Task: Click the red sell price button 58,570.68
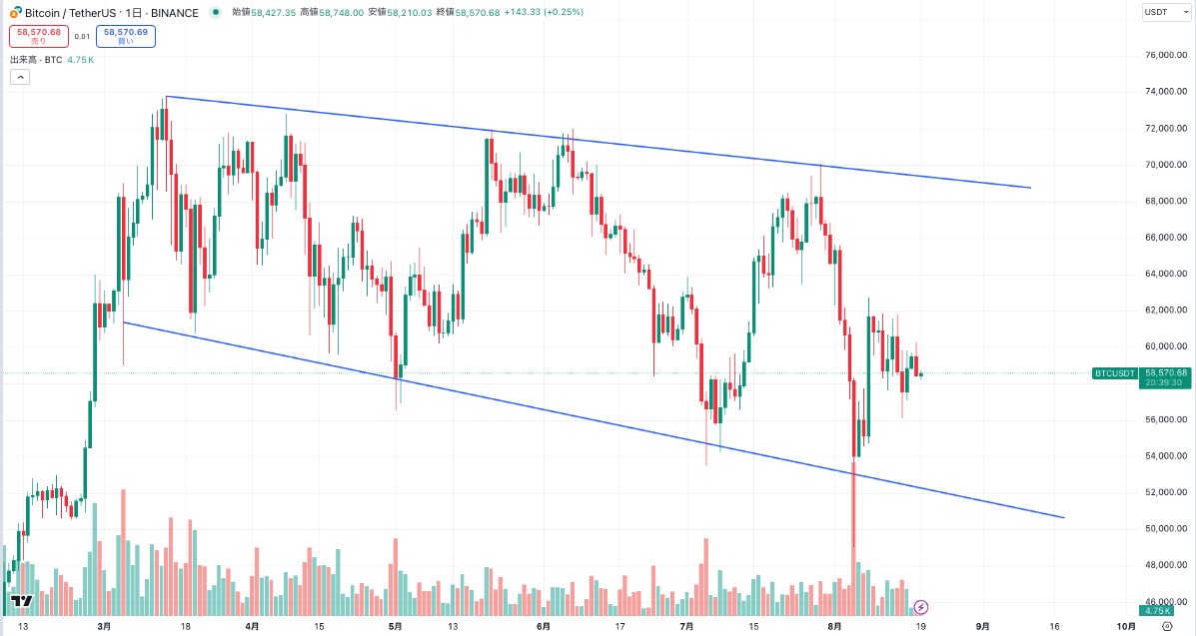point(38,36)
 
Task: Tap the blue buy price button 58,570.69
point(125,36)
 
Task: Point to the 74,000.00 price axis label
point(1166,92)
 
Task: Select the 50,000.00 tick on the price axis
point(1166,528)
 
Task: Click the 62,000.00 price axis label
point(1166,310)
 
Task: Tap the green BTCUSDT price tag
point(1115,373)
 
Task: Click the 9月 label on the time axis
point(983,626)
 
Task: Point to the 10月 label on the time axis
point(1126,626)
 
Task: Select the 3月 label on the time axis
point(104,626)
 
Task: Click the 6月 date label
point(544,626)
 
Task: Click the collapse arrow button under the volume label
point(20,77)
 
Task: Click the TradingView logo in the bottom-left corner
point(21,601)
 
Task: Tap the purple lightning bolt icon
point(921,606)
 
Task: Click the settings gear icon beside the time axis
point(1167,626)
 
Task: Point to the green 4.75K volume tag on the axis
point(1158,610)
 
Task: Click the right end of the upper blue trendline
point(1030,188)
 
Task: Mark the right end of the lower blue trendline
point(1064,517)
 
